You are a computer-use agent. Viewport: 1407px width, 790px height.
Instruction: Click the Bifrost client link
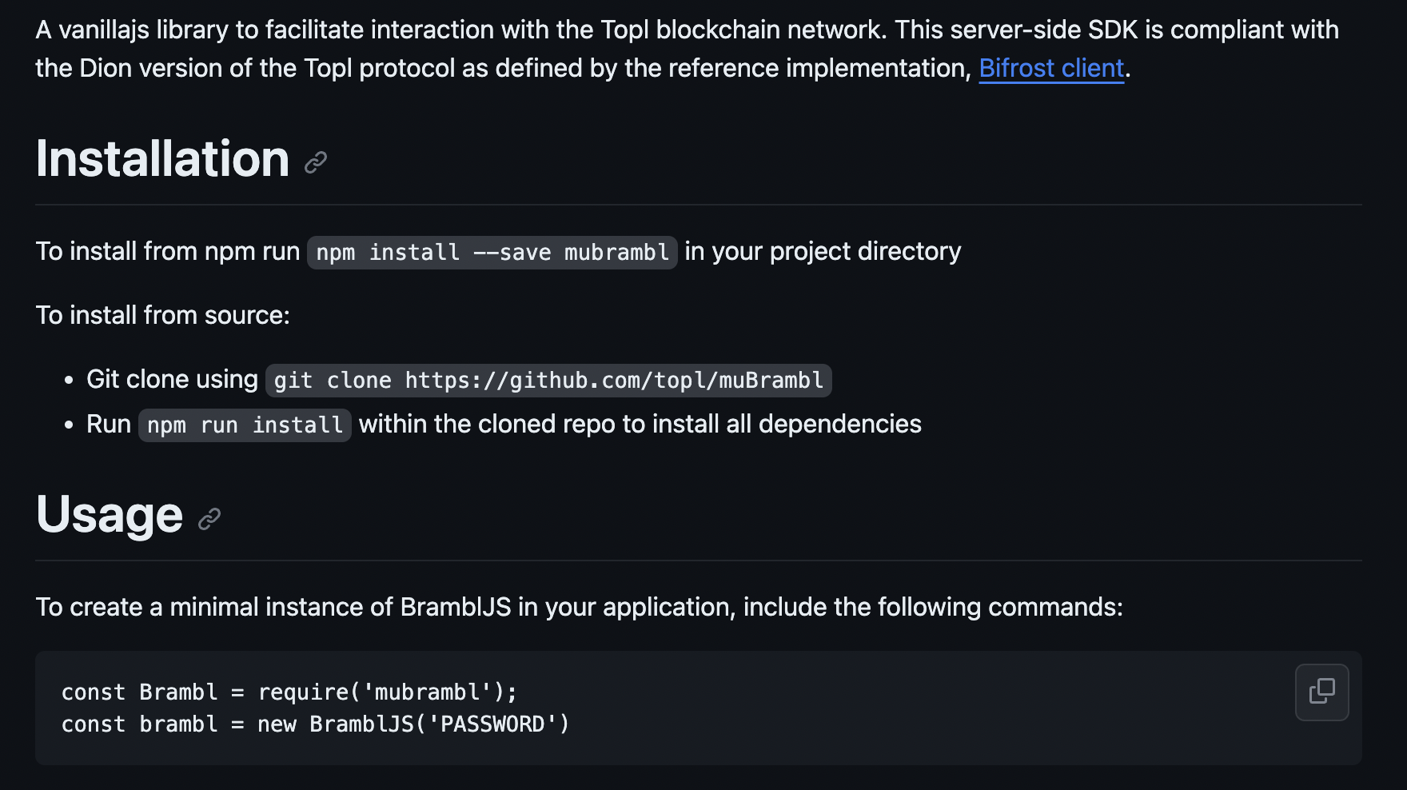click(x=1051, y=69)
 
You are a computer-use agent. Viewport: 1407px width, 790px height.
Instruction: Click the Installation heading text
click(x=162, y=158)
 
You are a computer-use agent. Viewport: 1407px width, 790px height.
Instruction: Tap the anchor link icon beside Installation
click(x=316, y=162)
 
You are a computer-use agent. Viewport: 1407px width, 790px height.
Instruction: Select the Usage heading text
click(x=110, y=514)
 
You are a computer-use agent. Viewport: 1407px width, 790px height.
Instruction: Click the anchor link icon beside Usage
click(x=209, y=519)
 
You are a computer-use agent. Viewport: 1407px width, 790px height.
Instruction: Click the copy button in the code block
click(x=1321, y=692)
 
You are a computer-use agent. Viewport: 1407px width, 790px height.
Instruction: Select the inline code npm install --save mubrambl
click(x=492, y=253)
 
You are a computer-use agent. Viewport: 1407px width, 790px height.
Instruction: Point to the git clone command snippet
click(x=548, y=381)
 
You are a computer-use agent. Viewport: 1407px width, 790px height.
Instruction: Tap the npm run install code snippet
click(x=245, y=425)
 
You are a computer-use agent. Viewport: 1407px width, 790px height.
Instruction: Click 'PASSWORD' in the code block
click(x=492, y=724)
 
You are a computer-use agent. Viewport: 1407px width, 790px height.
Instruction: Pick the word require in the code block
click(x=303, y=692)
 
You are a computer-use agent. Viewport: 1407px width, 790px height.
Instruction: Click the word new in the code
click(x=277, y=724)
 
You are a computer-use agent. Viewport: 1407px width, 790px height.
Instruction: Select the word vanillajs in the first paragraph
click(x=103, y=30)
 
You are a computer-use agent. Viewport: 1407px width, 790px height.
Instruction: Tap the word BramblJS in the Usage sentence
click(x=455, y=608)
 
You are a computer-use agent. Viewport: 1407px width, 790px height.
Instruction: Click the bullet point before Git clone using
click(x=70, y=380)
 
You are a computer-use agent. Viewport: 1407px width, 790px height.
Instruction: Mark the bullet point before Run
click(x=70, y=425)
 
